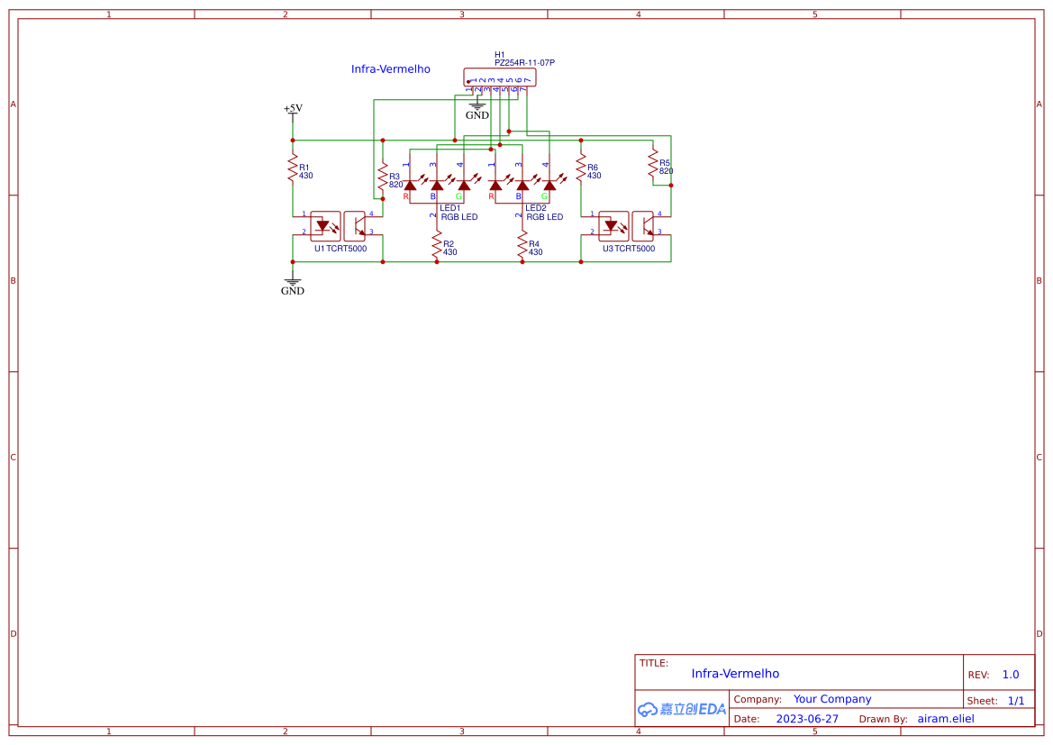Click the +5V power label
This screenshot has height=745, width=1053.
[x=293, y=108]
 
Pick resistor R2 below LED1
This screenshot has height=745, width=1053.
[x=437, y=245]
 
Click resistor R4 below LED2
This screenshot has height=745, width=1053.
[x=522, y=245]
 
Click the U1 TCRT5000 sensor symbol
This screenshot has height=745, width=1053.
[x=340, y=226]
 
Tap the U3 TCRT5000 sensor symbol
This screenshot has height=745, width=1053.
[x=629, y=226]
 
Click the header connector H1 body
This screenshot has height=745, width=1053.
[x=499, y=77]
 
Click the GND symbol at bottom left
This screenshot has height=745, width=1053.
[x=293, y=286]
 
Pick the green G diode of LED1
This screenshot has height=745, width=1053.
[x=464, y=185]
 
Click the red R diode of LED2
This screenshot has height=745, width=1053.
[x=495, y=185]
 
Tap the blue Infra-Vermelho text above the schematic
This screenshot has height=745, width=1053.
[x=390, y=69]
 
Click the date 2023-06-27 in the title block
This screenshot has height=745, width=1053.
[x=807, y=719]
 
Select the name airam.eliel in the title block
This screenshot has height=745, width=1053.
[x=946, y=719]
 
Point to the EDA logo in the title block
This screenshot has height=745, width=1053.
[x=682, y=709]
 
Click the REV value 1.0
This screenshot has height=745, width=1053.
[x=1011, y=675]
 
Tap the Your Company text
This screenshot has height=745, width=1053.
[x=832, y=699]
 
